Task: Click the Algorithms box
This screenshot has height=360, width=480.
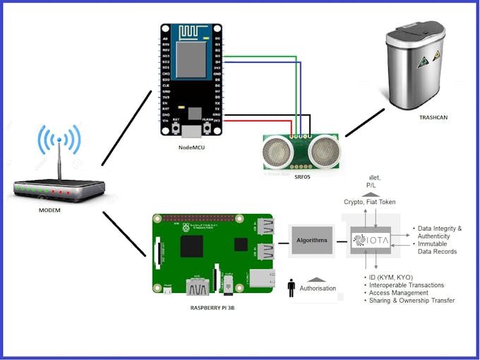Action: [x=311, y=240]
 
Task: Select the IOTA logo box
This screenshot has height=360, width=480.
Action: [x=371, y=240]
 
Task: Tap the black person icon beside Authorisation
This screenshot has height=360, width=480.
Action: [x=291, y=289]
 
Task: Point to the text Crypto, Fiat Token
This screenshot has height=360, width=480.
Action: [x=370, y=202]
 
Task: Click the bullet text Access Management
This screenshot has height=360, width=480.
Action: [x=399, y=293]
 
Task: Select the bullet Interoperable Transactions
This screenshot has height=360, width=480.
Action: [x=407, y=285]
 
